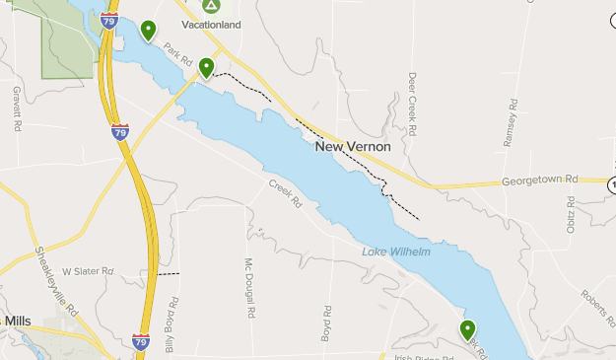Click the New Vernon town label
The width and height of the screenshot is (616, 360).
pyautogui.click(x=353, y=147)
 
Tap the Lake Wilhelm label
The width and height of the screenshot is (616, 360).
pyautogui.click(x=396, y=252)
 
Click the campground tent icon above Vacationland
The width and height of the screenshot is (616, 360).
pyautogui.click(x=211, y=6)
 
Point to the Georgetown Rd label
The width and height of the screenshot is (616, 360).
pyautogui.click(x=538, y=180)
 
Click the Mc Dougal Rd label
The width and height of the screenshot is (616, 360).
pyautogui.click(x=250, y=287)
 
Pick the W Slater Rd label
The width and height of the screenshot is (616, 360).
pyautogui.click(x=88, y=270)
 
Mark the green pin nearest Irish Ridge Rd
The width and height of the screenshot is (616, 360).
pyautogui.click(x=467, y=329)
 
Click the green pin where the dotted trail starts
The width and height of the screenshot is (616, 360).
pyautogui.click(x=207, y=67)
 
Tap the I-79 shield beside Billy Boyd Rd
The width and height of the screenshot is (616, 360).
pyautogui.click(x=141, y=341)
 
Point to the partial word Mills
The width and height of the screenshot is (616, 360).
pyautogui.click(x=18, y=322)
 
